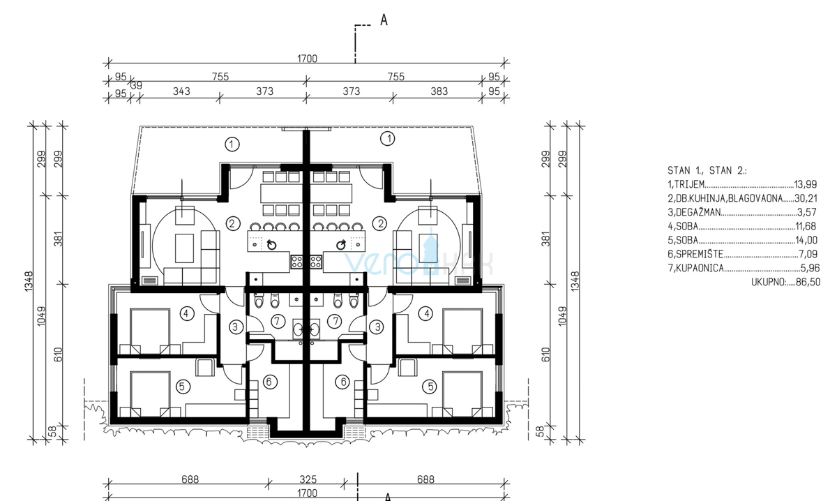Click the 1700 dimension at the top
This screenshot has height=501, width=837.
pos(307,59)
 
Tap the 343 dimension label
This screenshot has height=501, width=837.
pos(181,91)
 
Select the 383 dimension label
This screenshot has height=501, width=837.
pos(439,91)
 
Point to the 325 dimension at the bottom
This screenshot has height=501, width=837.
pos(308,479)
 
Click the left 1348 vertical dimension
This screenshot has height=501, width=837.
pos(29,282)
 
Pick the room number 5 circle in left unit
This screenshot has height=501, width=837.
pos(182,387)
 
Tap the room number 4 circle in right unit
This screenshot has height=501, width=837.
pos(427,313)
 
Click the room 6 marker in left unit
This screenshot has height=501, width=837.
pos(269,382)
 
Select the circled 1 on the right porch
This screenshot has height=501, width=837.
pos(388,139)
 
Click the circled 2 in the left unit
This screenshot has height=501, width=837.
pos(233,224)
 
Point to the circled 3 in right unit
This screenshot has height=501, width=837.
pos(377,327)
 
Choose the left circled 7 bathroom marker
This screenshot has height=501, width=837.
pos(278,321)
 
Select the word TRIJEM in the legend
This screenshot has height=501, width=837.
pos(690,184)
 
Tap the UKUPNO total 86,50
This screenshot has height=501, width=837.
pos(808,282)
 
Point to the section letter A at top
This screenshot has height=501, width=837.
pos(384,20)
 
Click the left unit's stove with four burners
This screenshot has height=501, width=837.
pos(296,261)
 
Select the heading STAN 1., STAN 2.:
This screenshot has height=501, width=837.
pos(707,170)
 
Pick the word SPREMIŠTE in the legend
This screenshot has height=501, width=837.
pos(700,254)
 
